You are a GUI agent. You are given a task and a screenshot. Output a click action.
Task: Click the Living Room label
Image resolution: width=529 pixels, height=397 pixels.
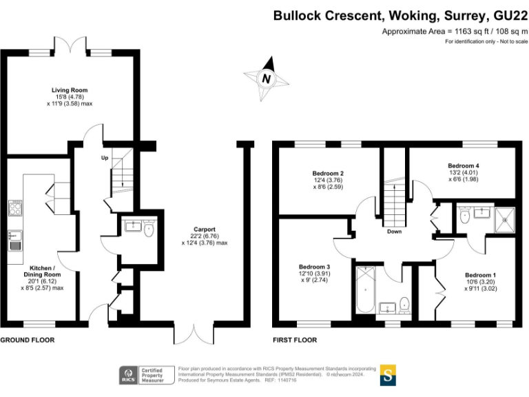(70, 90)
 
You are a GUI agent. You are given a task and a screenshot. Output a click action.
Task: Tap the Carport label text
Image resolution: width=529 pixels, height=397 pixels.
(205, 230)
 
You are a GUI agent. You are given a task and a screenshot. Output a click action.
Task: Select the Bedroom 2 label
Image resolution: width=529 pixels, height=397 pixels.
(328, 174)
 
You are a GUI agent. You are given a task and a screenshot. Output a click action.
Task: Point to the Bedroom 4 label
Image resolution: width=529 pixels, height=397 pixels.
(463, 165)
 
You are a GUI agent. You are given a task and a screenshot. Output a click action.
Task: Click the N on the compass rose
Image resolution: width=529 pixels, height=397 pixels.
(266, 79)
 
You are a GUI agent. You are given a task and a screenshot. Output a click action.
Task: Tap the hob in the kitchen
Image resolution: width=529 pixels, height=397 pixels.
(15, 208)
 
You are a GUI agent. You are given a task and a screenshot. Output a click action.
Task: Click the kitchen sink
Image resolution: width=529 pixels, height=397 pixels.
(15, 241)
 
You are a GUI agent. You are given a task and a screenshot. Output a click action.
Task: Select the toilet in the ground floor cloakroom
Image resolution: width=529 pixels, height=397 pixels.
(149, 229)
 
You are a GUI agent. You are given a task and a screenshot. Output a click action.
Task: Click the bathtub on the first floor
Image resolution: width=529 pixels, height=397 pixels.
(365, 289)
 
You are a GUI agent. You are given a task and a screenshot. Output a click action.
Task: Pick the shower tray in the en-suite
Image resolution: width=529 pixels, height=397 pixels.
(505, 220)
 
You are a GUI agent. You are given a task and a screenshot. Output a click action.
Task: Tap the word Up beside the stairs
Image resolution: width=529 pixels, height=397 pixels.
(105, 158)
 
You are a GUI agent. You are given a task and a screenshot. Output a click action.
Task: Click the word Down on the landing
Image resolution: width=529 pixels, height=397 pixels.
(395, 232)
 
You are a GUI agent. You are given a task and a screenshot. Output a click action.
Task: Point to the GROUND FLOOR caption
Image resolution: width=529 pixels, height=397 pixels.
(28, 340)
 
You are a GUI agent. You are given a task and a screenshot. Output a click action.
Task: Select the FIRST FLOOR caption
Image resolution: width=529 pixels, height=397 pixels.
(295, 340)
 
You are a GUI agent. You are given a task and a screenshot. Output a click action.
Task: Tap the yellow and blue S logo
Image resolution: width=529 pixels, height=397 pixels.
(388, 375)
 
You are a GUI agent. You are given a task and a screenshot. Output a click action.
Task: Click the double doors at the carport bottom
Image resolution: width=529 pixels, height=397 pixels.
(194, 334)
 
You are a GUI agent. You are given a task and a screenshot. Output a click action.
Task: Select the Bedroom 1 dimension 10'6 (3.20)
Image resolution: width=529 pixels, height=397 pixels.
(480, 282)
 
